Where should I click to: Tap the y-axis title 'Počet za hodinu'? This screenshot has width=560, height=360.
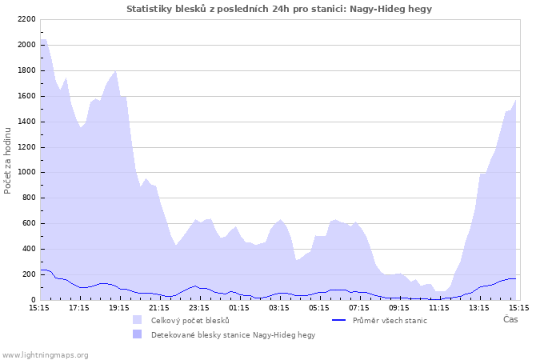(x=8, y=159)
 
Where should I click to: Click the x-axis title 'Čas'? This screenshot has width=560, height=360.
(x=510, y=320)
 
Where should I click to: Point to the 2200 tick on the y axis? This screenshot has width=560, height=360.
(x=26, y=19)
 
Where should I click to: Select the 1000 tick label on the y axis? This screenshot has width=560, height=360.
(x=26, y=172)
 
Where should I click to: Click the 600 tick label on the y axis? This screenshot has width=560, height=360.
(x=28, y=223)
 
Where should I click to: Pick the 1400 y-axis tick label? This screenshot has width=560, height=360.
(x=26, y=122)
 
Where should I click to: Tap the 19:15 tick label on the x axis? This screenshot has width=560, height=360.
(x=119, y=307)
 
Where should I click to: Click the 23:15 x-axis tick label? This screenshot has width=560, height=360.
(x=199, y=307)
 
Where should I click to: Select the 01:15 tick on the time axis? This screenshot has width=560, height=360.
(x=239, y=307)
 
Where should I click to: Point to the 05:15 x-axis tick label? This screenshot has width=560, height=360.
(x=319, y=307)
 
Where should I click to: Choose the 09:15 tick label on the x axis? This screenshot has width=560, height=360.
(x=399, y=307)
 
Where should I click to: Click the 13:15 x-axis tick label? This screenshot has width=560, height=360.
(x=479, y=307)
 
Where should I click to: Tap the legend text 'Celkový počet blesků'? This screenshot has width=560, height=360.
(x=190, y=321)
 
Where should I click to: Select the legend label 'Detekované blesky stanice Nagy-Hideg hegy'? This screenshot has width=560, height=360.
(x=233, y=335)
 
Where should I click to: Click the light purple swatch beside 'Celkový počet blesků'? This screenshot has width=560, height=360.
(x=138, y=321)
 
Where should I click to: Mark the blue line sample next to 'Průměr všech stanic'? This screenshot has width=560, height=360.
(x=338, y=321)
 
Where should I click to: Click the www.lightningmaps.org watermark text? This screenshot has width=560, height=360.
(x=45, y=354)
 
